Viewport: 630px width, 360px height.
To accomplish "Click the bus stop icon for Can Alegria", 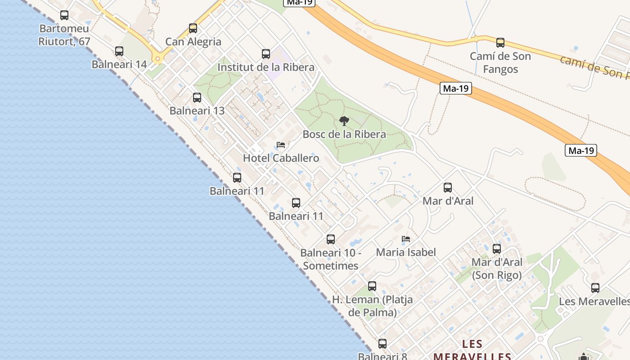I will [193, 28].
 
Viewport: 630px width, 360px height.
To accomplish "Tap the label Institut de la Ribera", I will [265, 67].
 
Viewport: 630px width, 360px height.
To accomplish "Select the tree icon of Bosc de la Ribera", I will [344, 121].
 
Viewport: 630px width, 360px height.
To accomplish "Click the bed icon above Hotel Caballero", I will [281, 145].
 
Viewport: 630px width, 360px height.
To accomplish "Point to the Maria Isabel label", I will [406, 252].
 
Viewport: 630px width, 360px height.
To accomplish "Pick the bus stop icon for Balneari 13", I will [197, 98].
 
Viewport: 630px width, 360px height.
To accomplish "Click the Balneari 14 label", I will [119, 64].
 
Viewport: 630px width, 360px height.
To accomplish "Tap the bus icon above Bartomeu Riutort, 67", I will [64, 15].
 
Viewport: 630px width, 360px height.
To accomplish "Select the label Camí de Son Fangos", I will [500, 63].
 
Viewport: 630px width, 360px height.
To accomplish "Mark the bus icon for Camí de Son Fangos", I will [500, 43].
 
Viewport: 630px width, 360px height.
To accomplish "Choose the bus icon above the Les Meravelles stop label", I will [595, 288].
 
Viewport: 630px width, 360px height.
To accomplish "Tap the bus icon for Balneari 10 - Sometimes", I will [331, 239].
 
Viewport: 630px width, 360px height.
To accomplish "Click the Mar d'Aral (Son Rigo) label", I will [497, 269].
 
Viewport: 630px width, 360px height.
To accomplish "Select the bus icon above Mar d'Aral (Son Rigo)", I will [497, 249].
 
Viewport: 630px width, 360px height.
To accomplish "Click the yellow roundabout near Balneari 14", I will [157, 58].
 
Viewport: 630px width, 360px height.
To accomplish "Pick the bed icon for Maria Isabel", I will [406, 239].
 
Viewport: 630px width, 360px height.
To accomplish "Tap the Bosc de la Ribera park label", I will [344, 135].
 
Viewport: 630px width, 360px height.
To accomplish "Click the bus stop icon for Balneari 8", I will [382, 344].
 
